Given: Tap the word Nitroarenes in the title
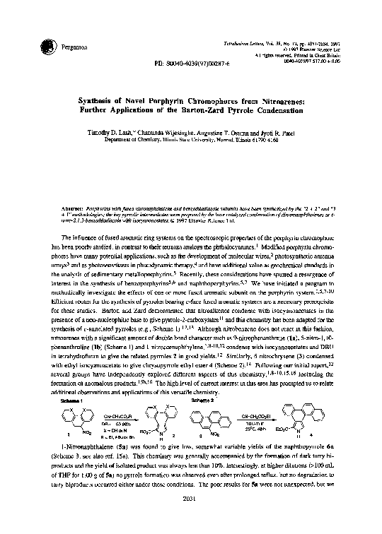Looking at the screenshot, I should point(288,102).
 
